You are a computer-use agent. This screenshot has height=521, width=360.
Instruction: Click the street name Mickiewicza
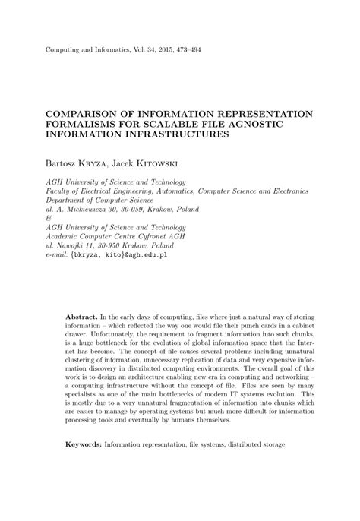pyautogui.click(x=93, y=207)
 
